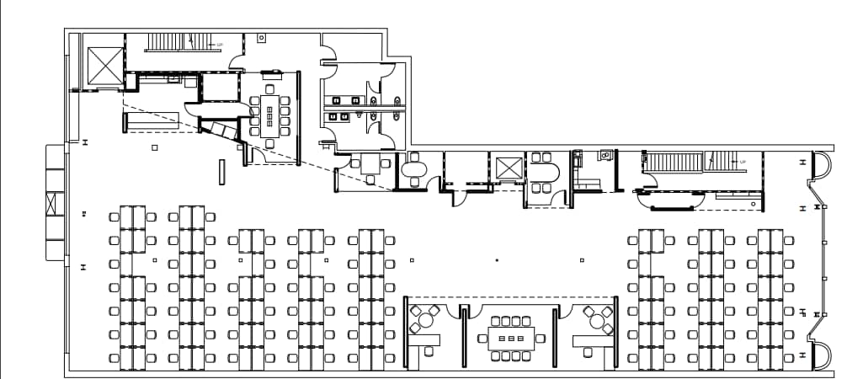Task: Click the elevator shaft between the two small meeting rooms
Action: pyautogui.click(x=507, y=168)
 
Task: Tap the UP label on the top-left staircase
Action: pyautogui.click(x=220, y=45)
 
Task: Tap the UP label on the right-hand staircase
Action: pyautogui.click(x=742, y=161)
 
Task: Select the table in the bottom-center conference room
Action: pyautogui.click(x=511, y=339)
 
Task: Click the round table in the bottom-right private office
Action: pyautogui.click(x=596, y=320)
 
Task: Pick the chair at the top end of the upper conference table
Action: pyautogui.click(x=270, y=88)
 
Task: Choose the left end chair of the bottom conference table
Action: pyautogui.click(x=481, y=339)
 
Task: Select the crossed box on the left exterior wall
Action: pyautogui.click(x=56, y=205)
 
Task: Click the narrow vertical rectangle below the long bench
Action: pyautogui.click(x=222, y=171)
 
